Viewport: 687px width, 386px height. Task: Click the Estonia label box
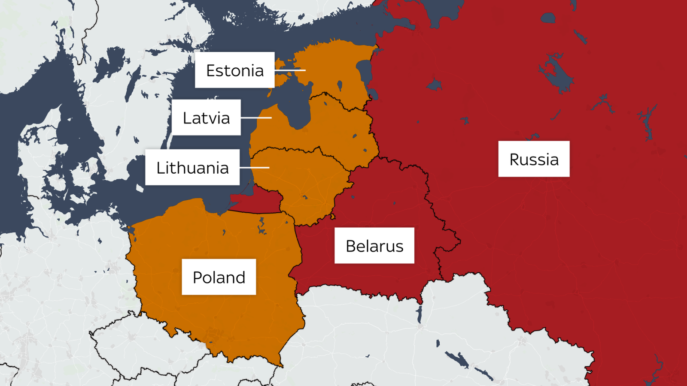pyautogui.click(x=234, y=70)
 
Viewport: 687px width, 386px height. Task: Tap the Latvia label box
pyautogui.click(x=206, y=118)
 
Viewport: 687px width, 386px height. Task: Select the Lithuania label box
pyautogui.click(x=192, y=167)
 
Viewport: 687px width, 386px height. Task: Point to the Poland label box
pyautogui.click(x=219, y=277)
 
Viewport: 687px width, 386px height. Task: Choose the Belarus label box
pyautogui.click(x=374, y=245)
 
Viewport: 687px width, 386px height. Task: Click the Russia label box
pyautogui.click(x=534, y=159)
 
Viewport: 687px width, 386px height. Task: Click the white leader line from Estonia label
pyautogui.click(x=290, y=70)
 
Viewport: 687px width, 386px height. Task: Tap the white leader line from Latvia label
pyautogui.click(x=256, y=118)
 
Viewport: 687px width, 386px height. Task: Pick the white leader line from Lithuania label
pyautogui.click(x=255, y=168)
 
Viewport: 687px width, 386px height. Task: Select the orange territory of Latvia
pyautogui.click(x=335, y=129)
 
